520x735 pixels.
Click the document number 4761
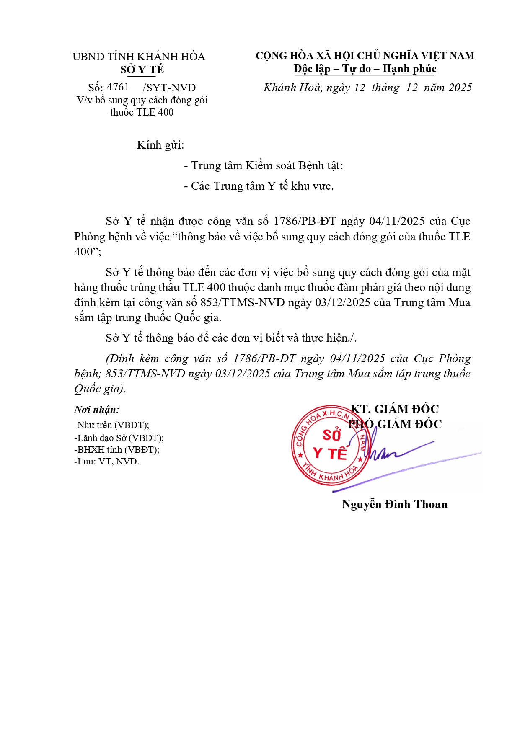(118, 87)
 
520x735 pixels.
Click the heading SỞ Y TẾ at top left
(142, 70)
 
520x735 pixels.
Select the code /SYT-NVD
(169, 88)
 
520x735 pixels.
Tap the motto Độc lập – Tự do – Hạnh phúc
(365, 69)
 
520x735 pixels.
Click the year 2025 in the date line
(460, 88)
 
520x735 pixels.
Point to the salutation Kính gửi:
(160, 145)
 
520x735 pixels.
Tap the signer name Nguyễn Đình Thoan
(394, 504)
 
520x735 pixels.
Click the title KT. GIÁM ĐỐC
(394, 409)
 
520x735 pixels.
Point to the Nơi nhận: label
(97, 410)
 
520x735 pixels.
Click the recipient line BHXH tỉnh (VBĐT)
(117, 450)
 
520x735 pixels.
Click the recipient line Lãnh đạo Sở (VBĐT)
(119, 438)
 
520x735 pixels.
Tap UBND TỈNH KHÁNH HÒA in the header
(139, 57)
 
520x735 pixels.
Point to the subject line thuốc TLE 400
(142, 112)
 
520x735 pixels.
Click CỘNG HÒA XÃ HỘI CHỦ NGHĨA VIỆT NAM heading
(365, 56)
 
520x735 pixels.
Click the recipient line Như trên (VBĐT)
(112, 425)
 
